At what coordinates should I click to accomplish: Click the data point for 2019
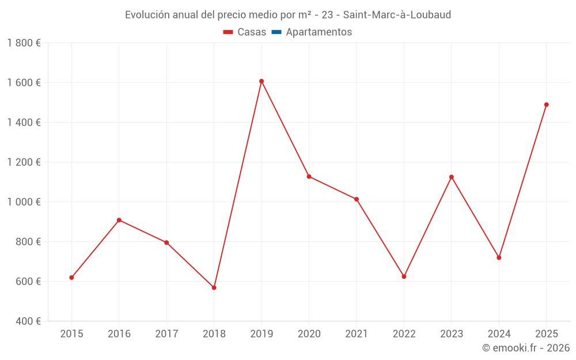(x=262, y=81)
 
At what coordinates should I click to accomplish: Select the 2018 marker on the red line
(x=214, y=287)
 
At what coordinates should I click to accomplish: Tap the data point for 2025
(x=546, y=105)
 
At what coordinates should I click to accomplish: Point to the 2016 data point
(x=119, y=220)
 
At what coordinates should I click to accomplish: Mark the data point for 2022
(x=404, y=276)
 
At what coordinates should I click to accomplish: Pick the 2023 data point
(x=452, y=177)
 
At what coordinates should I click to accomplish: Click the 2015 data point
(x=71, y=278)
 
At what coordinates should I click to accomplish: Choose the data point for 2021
(x=357, y=199)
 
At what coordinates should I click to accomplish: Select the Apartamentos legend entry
(x=319, y=32)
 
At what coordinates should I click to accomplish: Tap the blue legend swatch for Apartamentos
(x=276, y=32)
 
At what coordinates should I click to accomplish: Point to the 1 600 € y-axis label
(x=24, y=82)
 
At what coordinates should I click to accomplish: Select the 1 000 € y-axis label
(x=24, y=202)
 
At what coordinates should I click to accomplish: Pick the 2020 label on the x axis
(x=309, y=334)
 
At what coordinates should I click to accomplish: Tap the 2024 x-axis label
(x=499, y=334)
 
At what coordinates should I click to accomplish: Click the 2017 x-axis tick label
(x=166, y=334)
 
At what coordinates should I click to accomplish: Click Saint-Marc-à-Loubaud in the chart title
(x=397, y=14)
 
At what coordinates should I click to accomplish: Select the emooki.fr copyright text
(x=526, y=348)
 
